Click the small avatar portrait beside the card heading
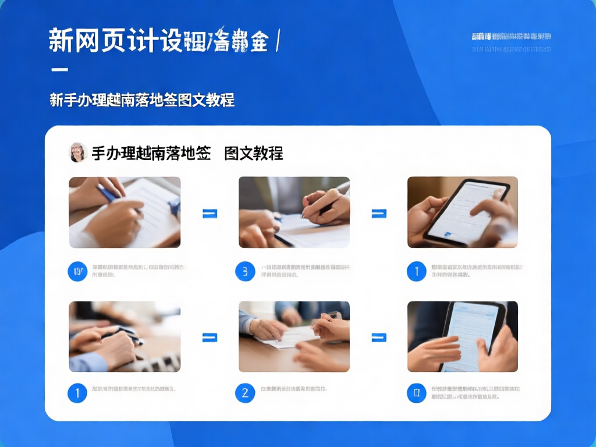(x=77, y=152)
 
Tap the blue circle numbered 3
(x=245, y=271)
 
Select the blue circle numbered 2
(x=245, y=393)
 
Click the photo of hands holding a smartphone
(x=462, y=212)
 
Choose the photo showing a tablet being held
(x=462, y=336)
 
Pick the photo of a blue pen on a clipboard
(x=125, y=212)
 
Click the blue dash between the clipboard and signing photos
(x=210, y=214)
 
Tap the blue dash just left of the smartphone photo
(x=379, y=214)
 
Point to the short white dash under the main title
(x=59, y=70)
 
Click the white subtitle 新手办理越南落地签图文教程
(x=142, y=100)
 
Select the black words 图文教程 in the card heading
(x=254, y=153)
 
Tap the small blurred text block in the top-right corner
(x=510, y=42)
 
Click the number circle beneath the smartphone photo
(x=416, y=271)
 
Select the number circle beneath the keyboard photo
(x=77, y=393)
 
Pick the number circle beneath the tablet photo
(x=416, y=393)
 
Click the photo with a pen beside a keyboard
(x=125, y=336)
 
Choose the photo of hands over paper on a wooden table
(x=294, y=336)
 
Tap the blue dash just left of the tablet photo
(x=379, y=337)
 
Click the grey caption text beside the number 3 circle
(x=305, y=271)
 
